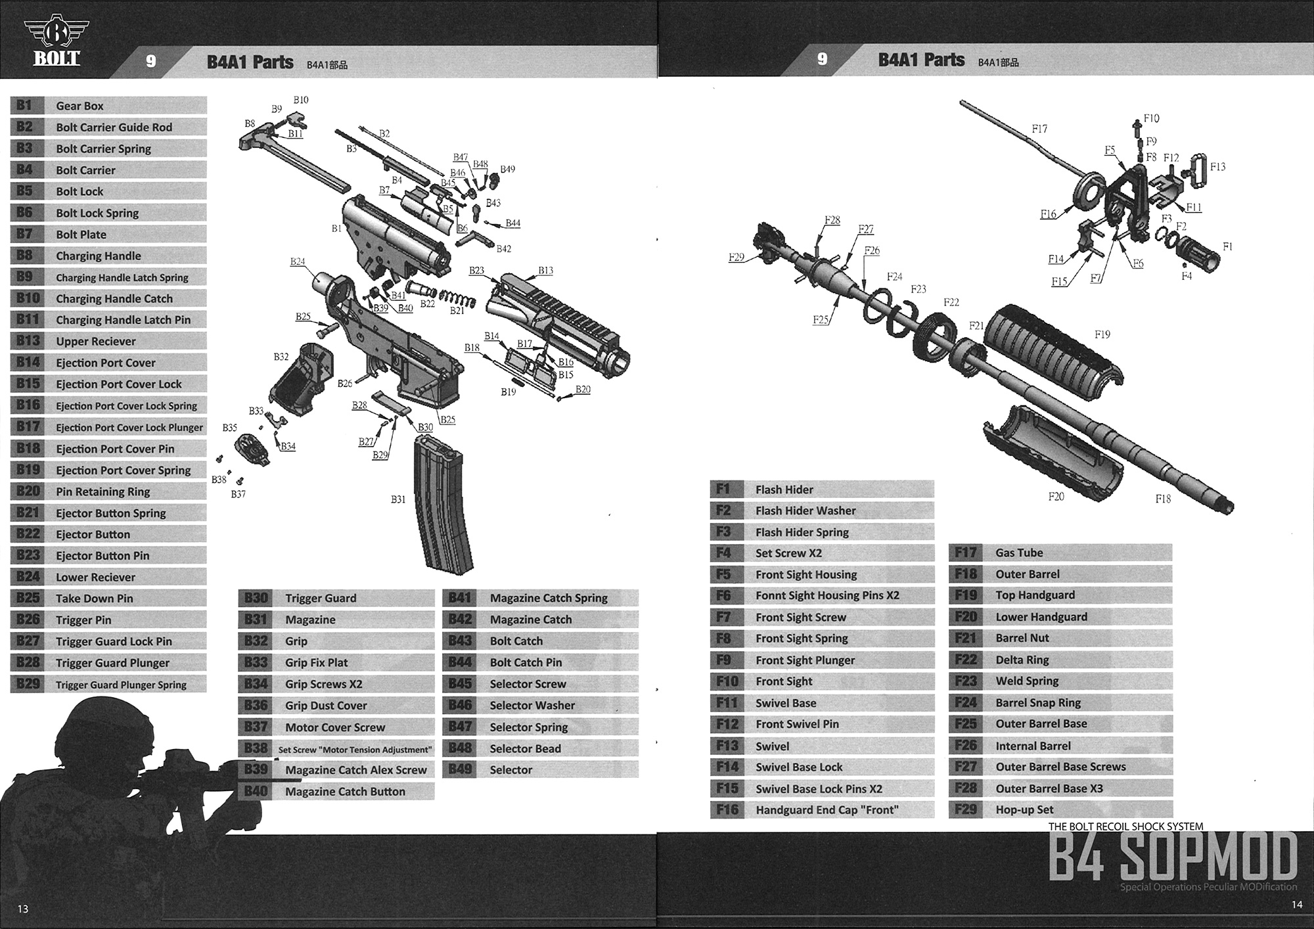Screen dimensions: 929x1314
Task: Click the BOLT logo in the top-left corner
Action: click(57, 41)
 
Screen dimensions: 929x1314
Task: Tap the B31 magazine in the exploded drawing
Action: click(442, 506)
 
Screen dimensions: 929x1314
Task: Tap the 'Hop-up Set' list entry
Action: click(1024, 810)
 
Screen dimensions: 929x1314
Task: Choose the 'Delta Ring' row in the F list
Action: click(1022, 660)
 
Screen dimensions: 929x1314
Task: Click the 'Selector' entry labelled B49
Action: click(510, 770)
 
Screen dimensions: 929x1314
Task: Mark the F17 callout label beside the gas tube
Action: click(1039, 129)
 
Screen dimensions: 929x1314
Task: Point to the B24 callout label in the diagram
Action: click(298, 261)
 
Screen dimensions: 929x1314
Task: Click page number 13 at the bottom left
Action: click(23, 909)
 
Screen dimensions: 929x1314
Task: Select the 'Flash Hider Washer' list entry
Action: click(805, 510)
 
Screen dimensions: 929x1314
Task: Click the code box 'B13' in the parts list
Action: click(28, 341)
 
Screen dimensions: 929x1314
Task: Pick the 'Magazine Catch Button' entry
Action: click(345, 792)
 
